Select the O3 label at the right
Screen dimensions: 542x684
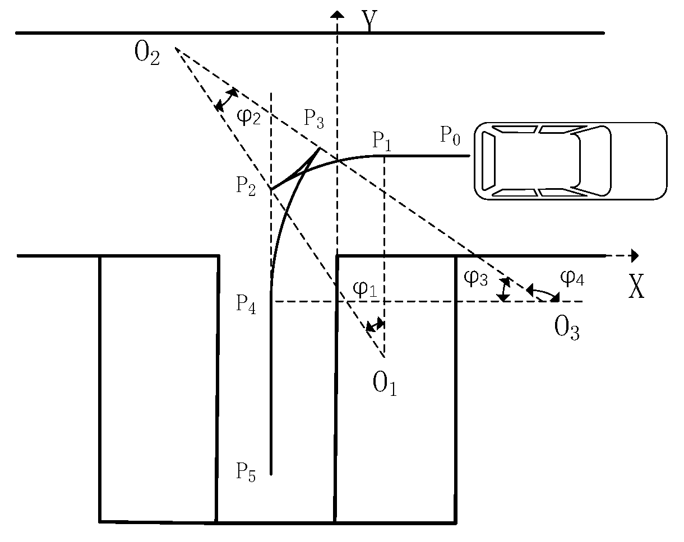[567, 329]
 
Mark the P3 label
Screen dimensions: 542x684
[315, 118]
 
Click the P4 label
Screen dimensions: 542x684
[246, 303]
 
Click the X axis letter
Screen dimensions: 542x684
[636, 288]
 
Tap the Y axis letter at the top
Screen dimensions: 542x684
[368, 21]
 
